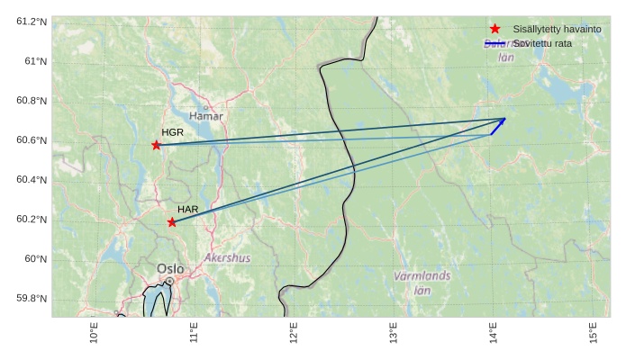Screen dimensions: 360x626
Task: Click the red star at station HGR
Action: point(157,145)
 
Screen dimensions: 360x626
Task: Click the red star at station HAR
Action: point(172,222)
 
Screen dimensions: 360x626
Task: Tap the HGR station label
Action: point(173,132)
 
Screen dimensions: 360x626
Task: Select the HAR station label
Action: point(187,210)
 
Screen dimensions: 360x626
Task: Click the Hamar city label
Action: point(206,116)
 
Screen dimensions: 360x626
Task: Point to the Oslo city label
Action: point(170,268)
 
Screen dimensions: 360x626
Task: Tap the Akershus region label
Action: point(228,257)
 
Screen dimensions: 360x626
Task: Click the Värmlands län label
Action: point(422,283)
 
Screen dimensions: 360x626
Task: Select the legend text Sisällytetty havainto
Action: point(557,30)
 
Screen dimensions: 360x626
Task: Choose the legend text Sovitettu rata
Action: point(542,43)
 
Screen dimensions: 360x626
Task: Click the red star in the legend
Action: point(495,29)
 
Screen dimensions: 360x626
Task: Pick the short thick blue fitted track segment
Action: point(497,127)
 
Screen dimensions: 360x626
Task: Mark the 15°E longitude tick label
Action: point(593,334)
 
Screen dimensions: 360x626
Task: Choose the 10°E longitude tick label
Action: point(95,334)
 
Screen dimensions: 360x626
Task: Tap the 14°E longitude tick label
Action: point(493,334)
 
